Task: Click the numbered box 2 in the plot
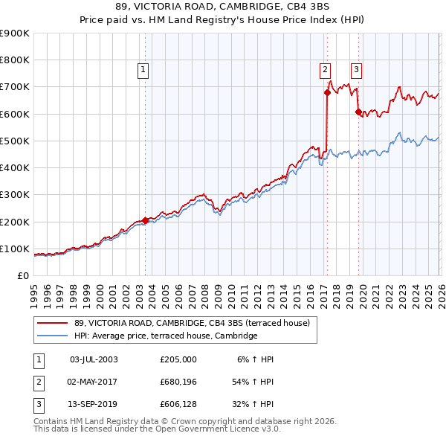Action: (325, 70)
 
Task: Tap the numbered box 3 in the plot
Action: (356, 70)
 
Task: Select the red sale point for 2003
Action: (145, 220)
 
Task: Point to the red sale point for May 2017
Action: (326, 93)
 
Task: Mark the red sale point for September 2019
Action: (358, 112)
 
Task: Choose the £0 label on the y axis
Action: (23, 275)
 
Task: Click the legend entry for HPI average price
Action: (165, 336)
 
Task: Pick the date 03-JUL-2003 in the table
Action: (93, 359)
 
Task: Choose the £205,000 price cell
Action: (178, 359)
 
